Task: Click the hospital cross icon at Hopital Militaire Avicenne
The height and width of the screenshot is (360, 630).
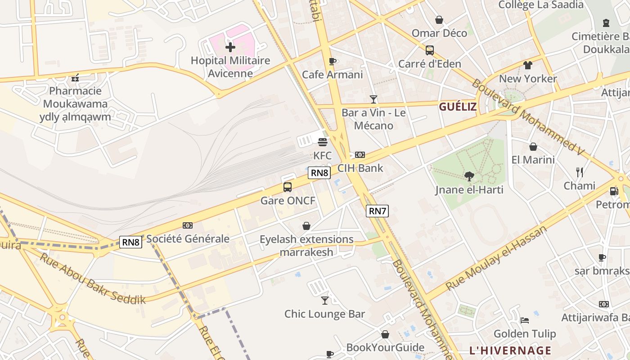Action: point(230,47)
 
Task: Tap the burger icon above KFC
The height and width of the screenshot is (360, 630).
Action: point(322,143)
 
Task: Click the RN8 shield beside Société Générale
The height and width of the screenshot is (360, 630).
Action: point(130,242)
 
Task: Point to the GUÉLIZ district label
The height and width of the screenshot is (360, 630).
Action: point(458,107)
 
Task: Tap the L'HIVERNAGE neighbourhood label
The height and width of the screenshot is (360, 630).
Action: point(510,351)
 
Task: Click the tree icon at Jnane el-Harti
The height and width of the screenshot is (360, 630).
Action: point(469,176)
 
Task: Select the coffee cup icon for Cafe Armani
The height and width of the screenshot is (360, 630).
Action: point(332,61)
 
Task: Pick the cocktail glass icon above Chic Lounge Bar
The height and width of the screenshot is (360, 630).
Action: point(324,300)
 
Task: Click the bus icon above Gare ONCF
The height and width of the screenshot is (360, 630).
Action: point(288,187)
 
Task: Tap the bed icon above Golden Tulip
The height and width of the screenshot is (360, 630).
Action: point(524,320)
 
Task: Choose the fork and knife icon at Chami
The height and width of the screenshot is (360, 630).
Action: point(580,172)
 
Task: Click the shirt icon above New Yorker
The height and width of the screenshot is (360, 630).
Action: point(527,65)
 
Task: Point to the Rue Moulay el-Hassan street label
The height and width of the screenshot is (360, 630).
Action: point(496,258)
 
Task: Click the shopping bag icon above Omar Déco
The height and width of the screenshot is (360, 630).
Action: point(439,20)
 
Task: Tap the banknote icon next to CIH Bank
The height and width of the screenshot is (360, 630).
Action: point(360,155)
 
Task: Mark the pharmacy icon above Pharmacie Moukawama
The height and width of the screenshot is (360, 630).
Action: point(75,78)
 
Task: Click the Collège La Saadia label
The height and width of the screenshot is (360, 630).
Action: point(540,5)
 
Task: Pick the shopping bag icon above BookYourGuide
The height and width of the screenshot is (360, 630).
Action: point(385,334)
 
